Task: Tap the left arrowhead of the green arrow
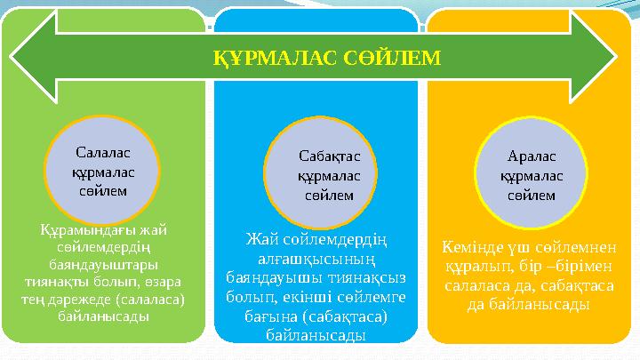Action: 31,59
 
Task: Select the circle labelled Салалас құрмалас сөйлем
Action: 100,171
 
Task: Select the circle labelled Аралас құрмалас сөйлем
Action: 532,174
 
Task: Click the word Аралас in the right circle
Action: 532,156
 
